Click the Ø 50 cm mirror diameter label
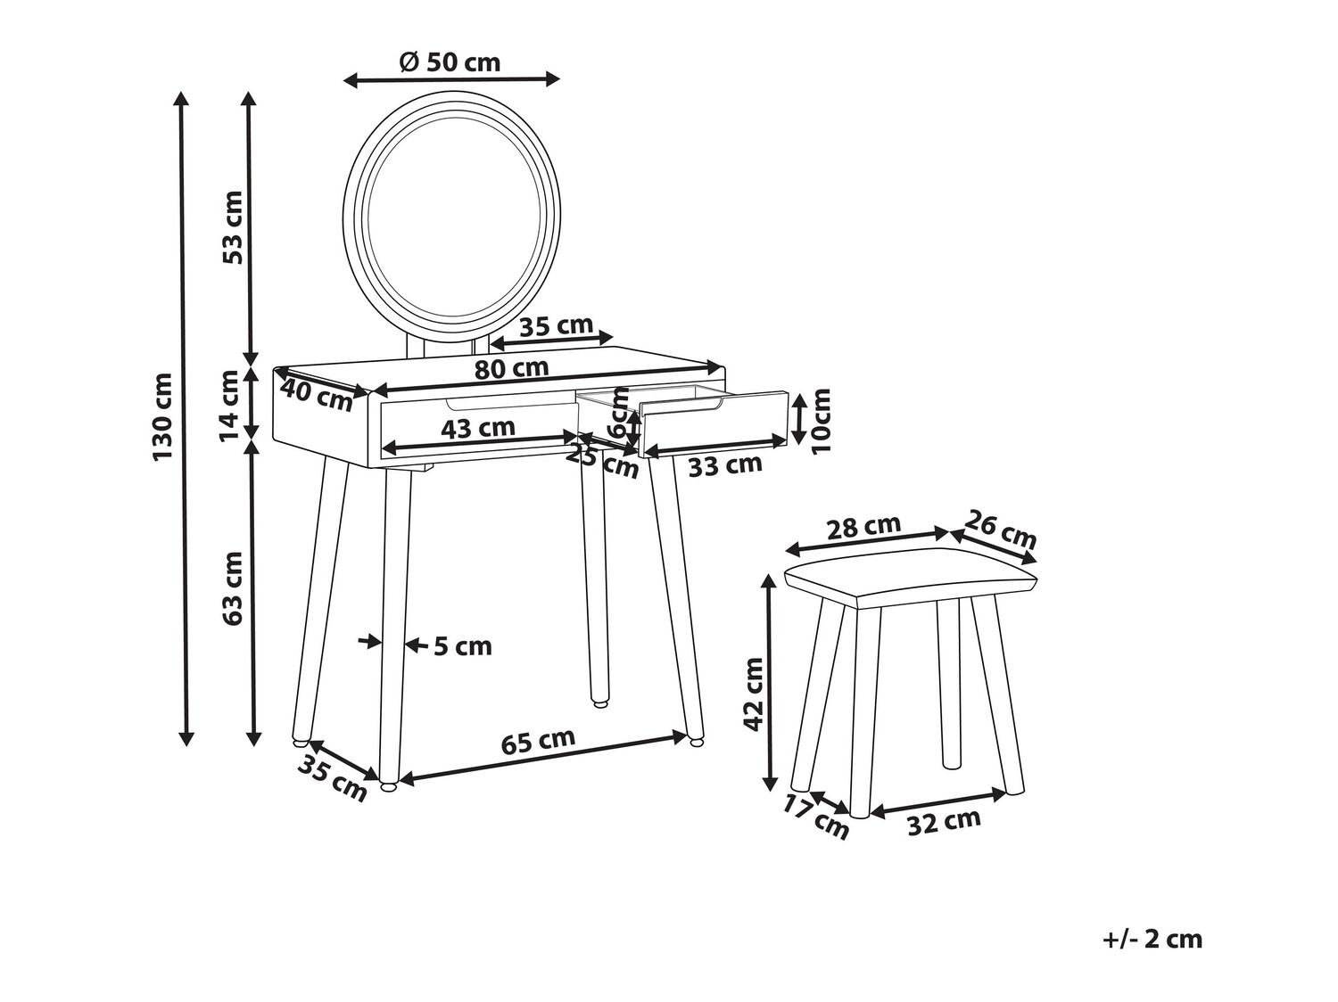coord(450,62)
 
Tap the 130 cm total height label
coord(162,417)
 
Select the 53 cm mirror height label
coord(231,227)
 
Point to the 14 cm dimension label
coord(230,406)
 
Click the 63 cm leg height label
coord(232,588)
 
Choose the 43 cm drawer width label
coord(478,428)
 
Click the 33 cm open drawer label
coord(725,464)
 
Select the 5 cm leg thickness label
coord(462,645)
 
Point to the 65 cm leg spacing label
coord(538,742)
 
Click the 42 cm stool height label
coord(754,694)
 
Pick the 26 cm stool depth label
coord(1002,530)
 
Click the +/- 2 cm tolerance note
coord(1152,939)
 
